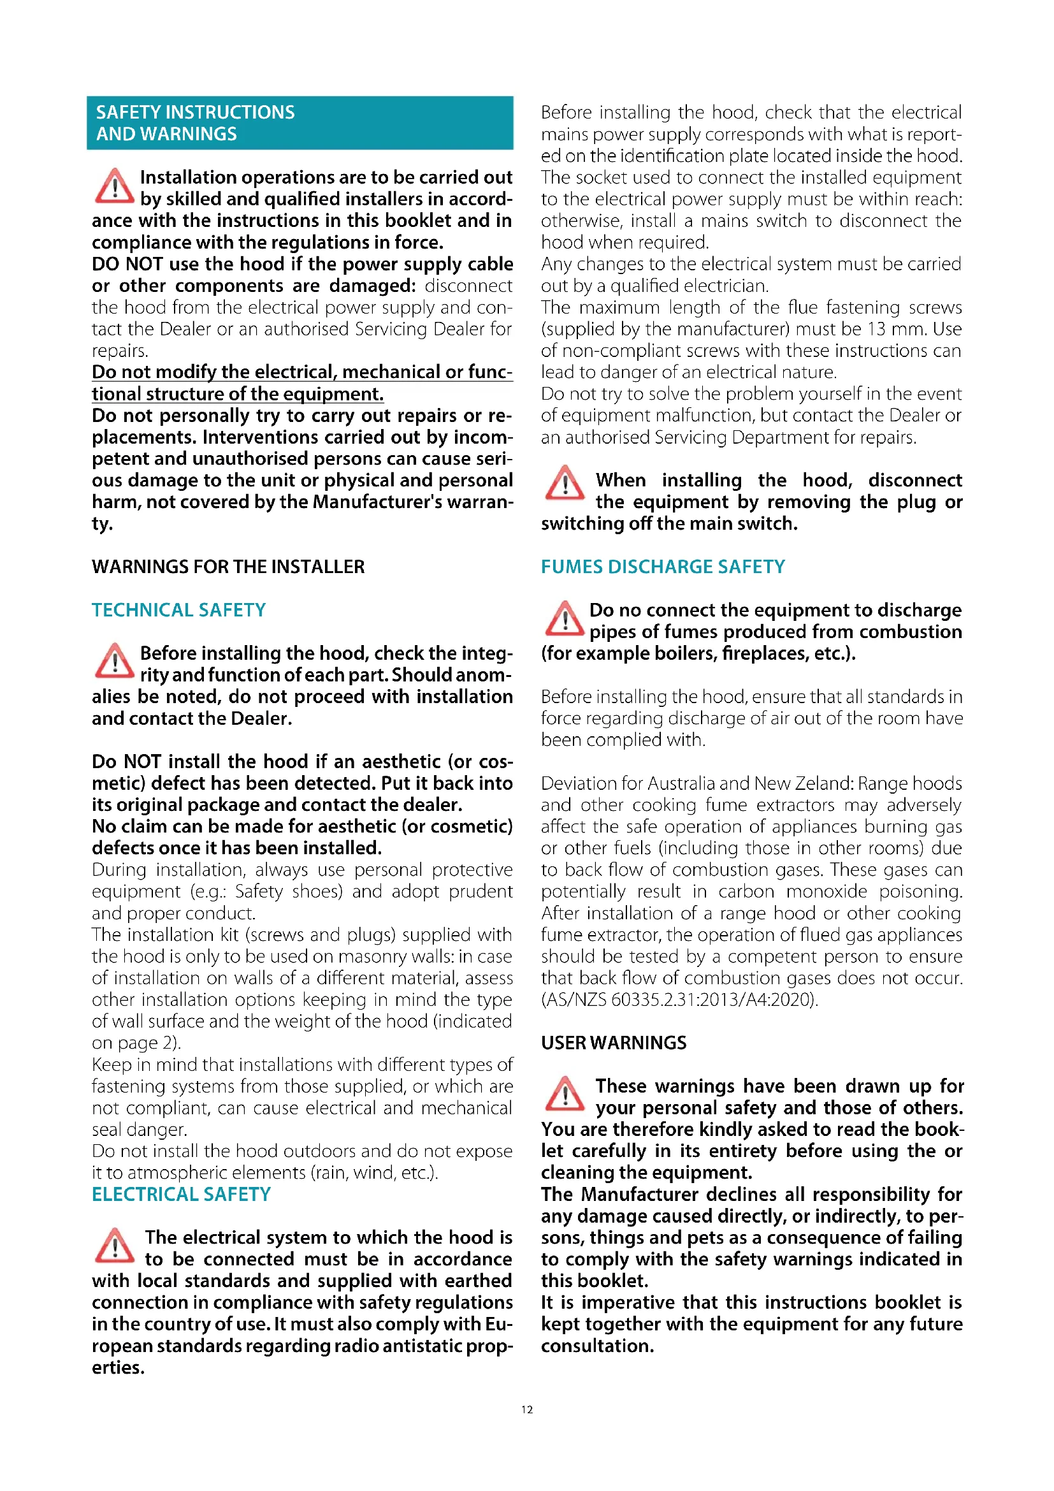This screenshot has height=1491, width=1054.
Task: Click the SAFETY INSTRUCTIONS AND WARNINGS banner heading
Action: point(195,123)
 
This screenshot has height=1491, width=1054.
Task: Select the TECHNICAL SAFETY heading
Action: point(178,610)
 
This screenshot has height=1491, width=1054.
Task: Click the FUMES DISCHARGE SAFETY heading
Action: point(663,566)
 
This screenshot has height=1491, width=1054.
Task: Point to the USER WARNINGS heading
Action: point(613,1042)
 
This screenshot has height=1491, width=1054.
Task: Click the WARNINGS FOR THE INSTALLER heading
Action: point(227,566)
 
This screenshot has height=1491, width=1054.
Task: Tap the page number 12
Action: point(526,1409)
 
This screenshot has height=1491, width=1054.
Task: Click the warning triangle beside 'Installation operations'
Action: point(114,186)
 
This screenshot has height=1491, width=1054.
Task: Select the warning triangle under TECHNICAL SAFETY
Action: point(114,662)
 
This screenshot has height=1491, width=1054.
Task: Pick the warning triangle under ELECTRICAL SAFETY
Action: point(114,1246)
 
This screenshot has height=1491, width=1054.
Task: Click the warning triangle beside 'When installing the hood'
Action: point(564,483)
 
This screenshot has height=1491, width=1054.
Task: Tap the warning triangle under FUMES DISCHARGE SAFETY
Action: point(564,619)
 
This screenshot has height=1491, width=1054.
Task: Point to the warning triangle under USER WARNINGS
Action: point(564,1095)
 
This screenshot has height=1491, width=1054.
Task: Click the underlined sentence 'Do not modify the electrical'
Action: point(302,382)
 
